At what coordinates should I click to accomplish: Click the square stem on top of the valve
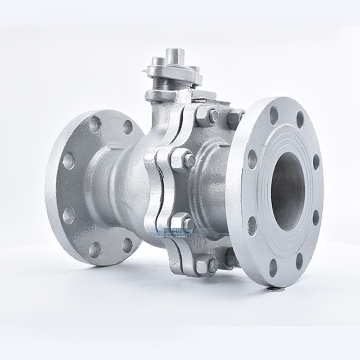(172, 57)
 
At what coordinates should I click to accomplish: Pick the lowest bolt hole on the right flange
(273, 268)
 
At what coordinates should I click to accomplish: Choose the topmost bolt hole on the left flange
(95, 124)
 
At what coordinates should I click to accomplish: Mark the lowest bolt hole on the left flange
(94, 249)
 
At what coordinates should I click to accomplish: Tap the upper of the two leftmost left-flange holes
(68, 160)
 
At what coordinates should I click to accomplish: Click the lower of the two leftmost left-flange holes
(68, 215)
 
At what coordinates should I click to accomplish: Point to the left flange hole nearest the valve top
(128, 127)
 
